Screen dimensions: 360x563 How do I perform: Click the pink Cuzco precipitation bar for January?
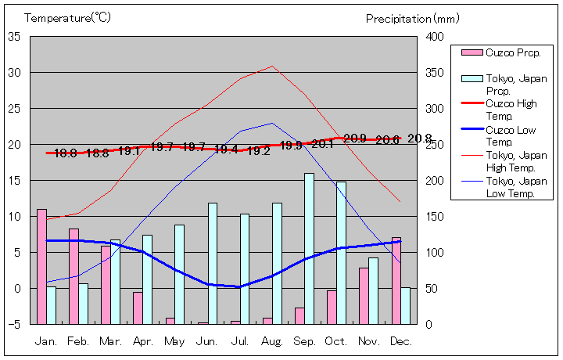coord(41,266)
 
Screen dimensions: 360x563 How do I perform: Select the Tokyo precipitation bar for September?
coord(309,248)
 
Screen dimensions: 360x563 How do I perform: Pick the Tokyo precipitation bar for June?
coord(212,263)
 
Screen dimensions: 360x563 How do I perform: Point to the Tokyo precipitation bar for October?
coord(341,253)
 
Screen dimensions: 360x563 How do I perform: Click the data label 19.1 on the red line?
coord(129,151)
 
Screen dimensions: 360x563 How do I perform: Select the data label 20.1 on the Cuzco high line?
coord(322,144)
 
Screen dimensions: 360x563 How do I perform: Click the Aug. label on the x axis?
coord(271,341)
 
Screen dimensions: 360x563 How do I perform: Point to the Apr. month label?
coord(142,341)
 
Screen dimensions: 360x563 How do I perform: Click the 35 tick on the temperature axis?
coord(15,36)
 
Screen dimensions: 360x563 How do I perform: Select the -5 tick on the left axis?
coord(15,324)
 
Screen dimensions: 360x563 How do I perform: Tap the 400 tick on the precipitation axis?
coord(434,37)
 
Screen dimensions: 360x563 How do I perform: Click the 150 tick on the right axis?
coord(434,217)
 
